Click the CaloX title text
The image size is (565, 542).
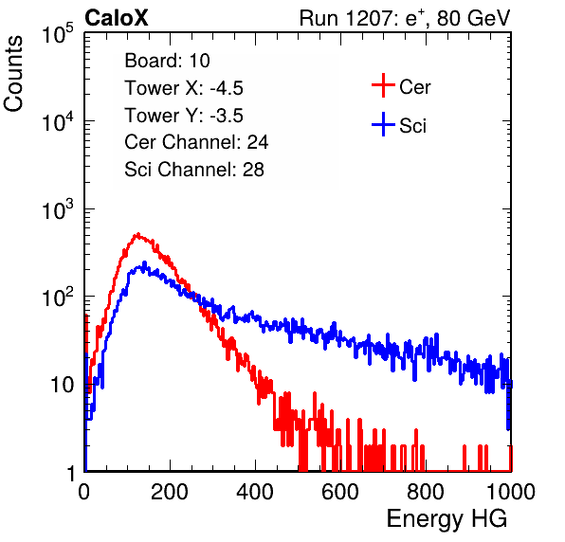(x=117, y=18)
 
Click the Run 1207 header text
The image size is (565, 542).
(x=405, y=18)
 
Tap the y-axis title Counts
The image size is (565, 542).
(x=13, y=74)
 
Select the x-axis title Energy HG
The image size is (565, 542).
(x=447, y=519)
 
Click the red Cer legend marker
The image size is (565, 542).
(x=383, y=85)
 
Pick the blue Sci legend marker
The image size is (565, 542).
(x=383, y=124)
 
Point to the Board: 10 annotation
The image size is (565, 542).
(x=167, y=61)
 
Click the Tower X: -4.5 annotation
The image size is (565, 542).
(x=184, y=88)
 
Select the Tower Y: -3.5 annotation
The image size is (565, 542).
(x=184, y=116)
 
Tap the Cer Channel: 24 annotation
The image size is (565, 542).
(x=196, y=142)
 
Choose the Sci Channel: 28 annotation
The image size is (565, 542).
(x=194, y=170)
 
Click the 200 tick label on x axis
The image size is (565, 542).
(x=170, y=492)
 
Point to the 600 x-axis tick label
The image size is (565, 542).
(x=340, y=492)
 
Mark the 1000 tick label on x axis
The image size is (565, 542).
(x=511, y=492)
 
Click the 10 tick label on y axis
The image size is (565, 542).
(x=63, y=385)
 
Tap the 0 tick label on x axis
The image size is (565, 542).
(x=84, y=492)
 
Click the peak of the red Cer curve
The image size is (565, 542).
(x=137, y=234)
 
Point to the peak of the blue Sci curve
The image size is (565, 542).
(x=144, y=262)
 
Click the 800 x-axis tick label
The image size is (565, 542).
(x=426, y=492)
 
